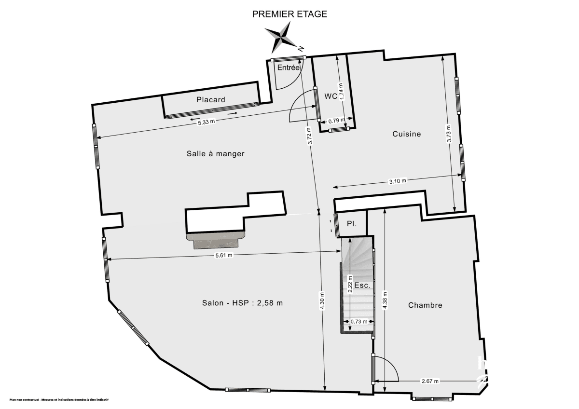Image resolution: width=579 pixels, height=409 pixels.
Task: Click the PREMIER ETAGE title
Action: coord(289,14)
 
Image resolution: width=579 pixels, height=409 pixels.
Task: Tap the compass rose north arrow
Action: coord(282,37)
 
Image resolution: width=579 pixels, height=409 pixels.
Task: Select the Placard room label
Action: coord(211,100)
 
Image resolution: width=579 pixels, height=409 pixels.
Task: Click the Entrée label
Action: coord(288,68)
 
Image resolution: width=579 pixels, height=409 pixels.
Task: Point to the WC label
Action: coord(331,96)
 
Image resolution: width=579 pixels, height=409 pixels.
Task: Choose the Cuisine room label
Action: coord(406,134)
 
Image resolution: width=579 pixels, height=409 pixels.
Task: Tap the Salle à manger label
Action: coord(216,154)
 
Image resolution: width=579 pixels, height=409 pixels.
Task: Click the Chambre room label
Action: coord(425,305)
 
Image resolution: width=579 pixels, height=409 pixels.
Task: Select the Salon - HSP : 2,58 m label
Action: coord(242,303)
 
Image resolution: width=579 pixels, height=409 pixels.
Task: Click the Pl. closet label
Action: coord(352,224)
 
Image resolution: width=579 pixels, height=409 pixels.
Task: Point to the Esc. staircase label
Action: coord(362,286)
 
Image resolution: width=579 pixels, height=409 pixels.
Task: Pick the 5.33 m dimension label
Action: coord(206,122)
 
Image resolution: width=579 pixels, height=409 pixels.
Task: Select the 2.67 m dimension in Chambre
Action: coord(430,381)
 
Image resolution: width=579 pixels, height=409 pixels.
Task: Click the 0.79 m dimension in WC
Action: coord(336,120)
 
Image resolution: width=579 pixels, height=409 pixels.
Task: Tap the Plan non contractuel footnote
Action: coord(59,400)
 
